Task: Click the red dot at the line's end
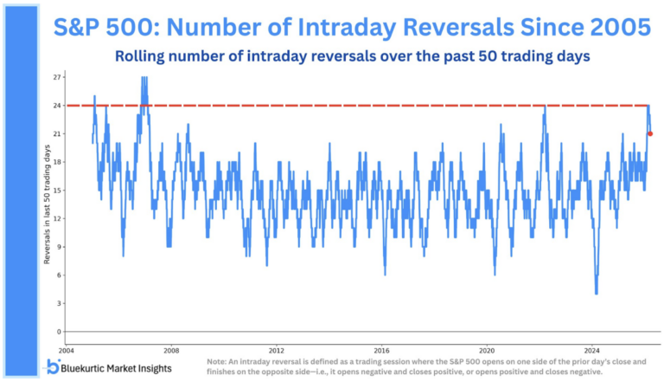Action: [650, 133]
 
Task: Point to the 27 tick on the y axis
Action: [57, 77]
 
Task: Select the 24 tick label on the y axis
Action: [57, 106]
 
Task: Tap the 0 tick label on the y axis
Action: [59, 332]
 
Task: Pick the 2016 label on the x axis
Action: [382, 351]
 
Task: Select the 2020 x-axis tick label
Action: [488, 351]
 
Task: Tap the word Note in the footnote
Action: [217, 358]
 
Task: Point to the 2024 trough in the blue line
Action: [597, 293]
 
